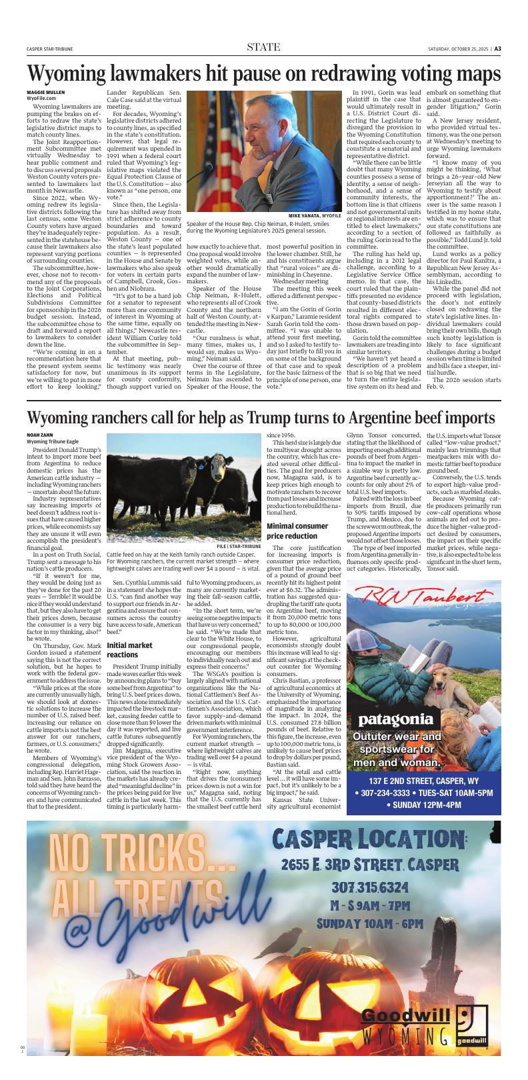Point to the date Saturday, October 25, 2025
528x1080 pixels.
(x=459, y=48)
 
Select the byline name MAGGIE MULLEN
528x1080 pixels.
(x=46, y=91)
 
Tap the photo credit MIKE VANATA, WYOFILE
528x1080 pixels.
(x=315, y=216)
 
